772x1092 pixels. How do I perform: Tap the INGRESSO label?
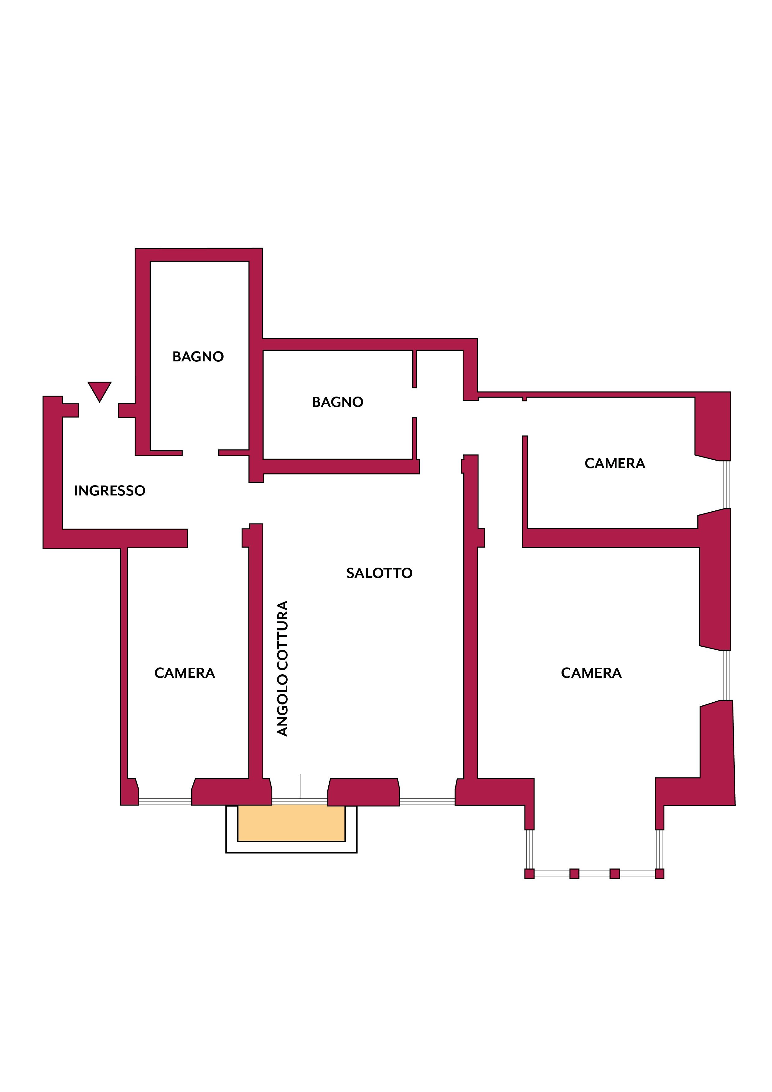(110, 491)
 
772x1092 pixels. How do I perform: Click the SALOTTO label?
(379, 573)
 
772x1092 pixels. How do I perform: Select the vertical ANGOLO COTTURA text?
(283, 668)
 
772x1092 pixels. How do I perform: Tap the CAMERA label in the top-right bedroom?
(615, 463)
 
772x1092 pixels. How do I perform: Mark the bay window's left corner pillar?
(529, 874)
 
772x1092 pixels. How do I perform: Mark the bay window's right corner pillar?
(659, 874)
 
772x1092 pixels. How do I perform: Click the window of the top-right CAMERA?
(726, 485)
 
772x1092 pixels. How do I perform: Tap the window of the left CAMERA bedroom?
(165, 802)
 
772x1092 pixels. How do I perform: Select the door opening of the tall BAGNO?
(201, 453)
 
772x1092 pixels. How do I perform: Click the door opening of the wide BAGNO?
(414, 402)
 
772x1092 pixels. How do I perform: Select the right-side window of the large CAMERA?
(726, 675)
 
